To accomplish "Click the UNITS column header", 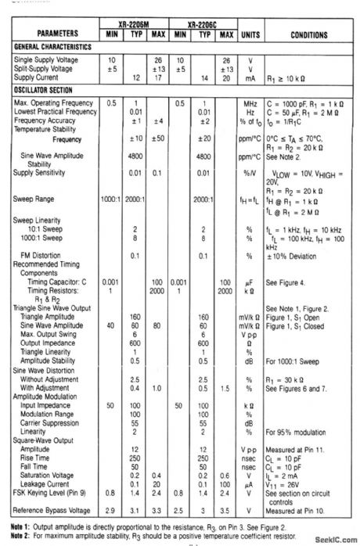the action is click(251, 34).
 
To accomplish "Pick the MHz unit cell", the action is click(250, 103).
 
